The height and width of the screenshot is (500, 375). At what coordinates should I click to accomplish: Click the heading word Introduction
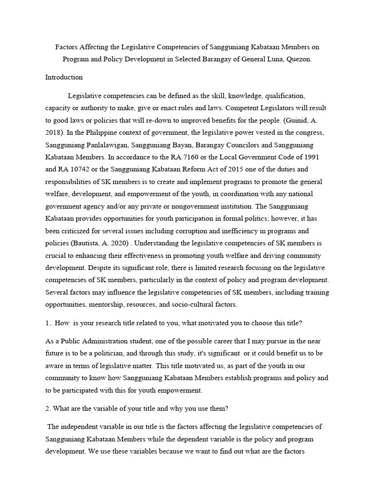tap(64, 77)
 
